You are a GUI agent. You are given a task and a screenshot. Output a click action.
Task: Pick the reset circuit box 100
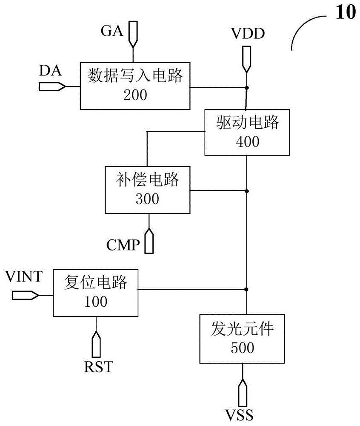pos(96,292)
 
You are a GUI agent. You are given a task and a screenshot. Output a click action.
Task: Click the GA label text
pos(112,32)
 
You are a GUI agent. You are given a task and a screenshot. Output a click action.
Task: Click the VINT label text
pos(24,277)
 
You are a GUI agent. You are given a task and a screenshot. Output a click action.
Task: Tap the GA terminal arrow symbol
pos(133,33)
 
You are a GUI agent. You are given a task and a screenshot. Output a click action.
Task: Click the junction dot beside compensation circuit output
pos(246,190)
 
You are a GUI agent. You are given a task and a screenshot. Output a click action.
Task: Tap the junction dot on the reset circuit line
pos(246,290)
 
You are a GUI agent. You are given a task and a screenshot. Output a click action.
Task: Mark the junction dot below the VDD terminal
pos(246,87)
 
